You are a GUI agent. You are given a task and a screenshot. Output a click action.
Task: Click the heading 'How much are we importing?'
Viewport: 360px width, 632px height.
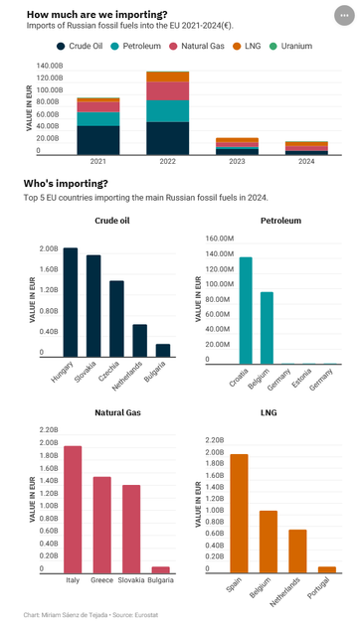96,14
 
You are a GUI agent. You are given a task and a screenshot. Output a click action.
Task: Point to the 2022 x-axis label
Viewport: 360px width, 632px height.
167,161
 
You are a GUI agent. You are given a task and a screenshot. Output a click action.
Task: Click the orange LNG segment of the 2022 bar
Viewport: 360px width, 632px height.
167,77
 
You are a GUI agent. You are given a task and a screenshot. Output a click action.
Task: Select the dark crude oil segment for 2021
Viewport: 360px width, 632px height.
98,139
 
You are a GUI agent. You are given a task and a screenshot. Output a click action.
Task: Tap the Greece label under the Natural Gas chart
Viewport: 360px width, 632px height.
101,579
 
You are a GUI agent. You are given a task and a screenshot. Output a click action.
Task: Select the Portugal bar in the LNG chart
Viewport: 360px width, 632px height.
326,569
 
